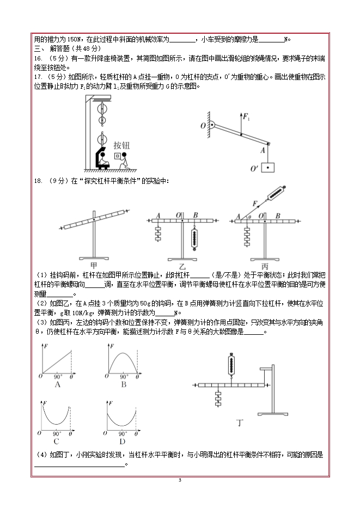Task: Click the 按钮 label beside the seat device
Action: (122, 145)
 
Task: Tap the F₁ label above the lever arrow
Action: (246, 116)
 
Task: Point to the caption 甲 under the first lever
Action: (94, 265)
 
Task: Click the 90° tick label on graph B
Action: (124, 376)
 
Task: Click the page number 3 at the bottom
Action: (180, 480)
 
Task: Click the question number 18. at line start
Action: (38, 181)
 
